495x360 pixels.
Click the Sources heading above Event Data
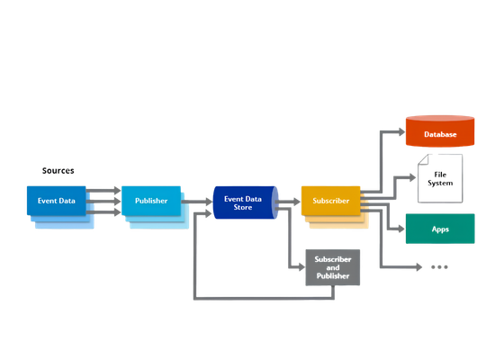pos(58,170)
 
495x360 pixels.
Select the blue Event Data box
pos(56,201)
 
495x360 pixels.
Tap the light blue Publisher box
pos(151,201)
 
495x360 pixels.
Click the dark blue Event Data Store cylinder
pos(246,202)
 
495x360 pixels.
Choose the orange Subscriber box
pos(331,201)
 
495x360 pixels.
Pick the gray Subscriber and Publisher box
pos(333,267)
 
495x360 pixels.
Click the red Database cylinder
pos(440,131)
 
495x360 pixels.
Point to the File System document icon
pos(440,178)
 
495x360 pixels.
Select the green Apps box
pos(440,229)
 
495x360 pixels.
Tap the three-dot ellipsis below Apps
pos(439,267)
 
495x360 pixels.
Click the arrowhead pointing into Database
pos(402,131)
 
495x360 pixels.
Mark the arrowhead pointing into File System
pos(412,177)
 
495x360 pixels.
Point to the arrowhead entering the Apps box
pos(401,229)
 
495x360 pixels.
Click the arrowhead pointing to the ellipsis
pos(419,267)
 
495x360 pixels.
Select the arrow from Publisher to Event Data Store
pos(197,202)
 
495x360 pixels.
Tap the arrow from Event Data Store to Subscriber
pos(288,202)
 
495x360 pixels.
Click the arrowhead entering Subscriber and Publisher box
pos(301,267)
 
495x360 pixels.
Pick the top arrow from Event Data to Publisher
pos(103,191)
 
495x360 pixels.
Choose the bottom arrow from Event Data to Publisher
pos(103,211)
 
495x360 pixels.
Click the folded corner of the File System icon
pos(423,159)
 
